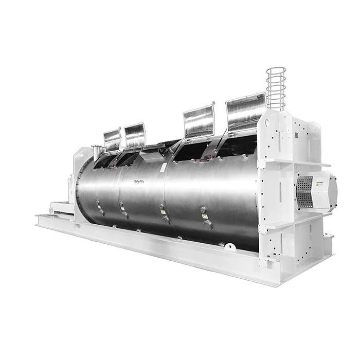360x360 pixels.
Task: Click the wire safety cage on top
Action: pyautogui.click(x=276, y=88)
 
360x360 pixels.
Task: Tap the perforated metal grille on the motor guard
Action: pyautogui.click(x=304, y=191)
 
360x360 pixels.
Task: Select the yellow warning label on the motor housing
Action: pyautogui.click(x=319, y=184)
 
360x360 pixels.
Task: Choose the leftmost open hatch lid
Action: pyautogui.click(x=112, y=139)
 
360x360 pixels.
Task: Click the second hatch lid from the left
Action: pyautogui.click(x=135, y=135)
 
